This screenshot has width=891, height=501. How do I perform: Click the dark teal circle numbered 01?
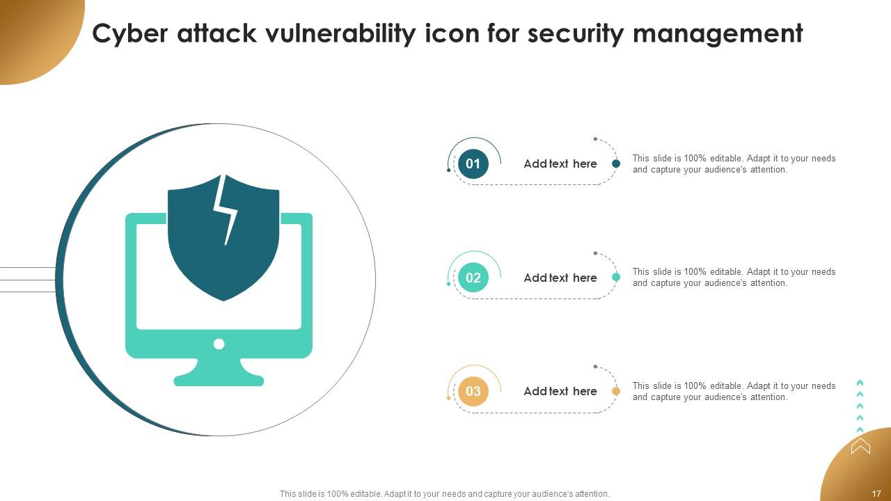473,164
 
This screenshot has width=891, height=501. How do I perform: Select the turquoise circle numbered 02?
473,278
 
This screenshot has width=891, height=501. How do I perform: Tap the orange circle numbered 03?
473,391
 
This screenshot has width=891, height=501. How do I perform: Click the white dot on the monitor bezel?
219,344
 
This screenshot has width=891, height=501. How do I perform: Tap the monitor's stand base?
219,379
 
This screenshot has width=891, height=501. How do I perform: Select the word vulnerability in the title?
339,33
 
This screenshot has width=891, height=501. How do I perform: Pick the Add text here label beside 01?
560,164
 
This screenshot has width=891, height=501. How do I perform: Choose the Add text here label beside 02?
560,278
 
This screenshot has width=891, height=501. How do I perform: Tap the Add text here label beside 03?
560,391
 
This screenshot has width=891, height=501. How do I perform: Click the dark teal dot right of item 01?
616,164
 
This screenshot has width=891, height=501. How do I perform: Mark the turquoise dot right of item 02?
616,277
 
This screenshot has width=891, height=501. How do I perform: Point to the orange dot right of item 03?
616,391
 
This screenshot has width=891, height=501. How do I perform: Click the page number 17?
876,493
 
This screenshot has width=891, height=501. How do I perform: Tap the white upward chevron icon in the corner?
860,445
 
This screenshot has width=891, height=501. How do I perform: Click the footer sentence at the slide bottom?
444,494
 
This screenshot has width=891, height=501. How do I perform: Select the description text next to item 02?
734,278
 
